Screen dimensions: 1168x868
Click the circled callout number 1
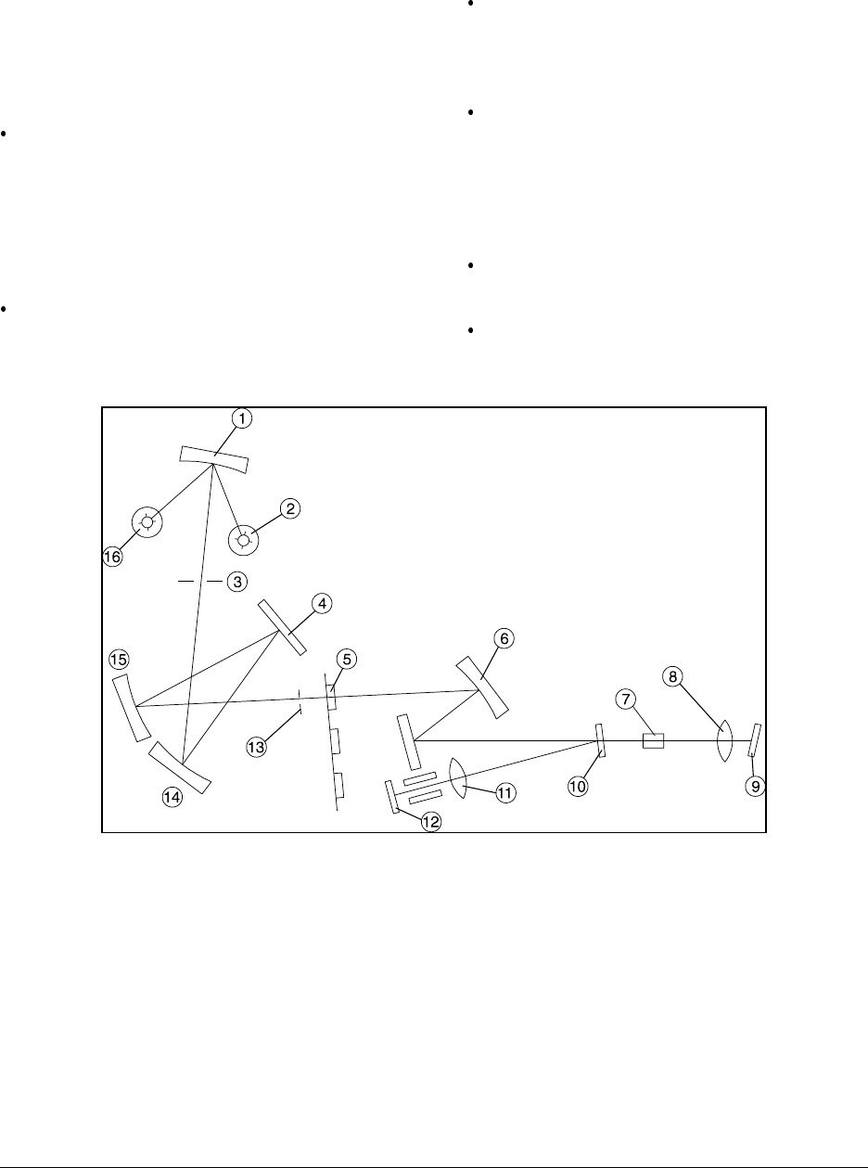click(241, 419)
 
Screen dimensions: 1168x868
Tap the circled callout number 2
click(290, 508)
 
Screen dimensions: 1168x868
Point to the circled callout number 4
click(321, 604)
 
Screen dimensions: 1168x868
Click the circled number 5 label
click(346, 659)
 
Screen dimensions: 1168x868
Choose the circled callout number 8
click(673, 676)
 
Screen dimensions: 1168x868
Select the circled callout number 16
click(112, 557)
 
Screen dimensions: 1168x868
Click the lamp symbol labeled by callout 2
click(245, 539)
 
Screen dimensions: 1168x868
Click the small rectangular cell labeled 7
click(653, 740)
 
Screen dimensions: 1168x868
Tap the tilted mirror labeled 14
click(183, 768)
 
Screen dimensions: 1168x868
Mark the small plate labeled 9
click(755, 740)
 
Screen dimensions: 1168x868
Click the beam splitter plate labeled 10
click(601, 740)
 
